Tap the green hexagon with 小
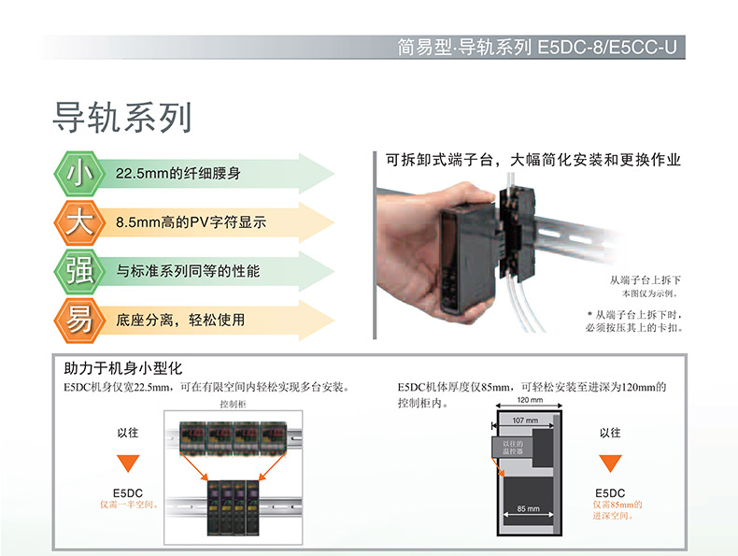[x=78, y=174]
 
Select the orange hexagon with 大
[x=78, y=222]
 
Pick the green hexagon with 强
[x=78, y=271]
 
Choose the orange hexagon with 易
[x=78, y=320]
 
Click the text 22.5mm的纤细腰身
[x=178, y=175]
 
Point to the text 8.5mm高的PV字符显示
[x=192, y=223]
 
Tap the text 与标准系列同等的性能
[x=188, y=272]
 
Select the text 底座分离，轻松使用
[x=180, y=321]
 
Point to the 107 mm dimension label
[x=526, y=421]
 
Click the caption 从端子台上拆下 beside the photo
[x=646, y=279]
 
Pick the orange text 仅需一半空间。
[x=129, y=504]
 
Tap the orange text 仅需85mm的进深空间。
[x=618, y=509]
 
